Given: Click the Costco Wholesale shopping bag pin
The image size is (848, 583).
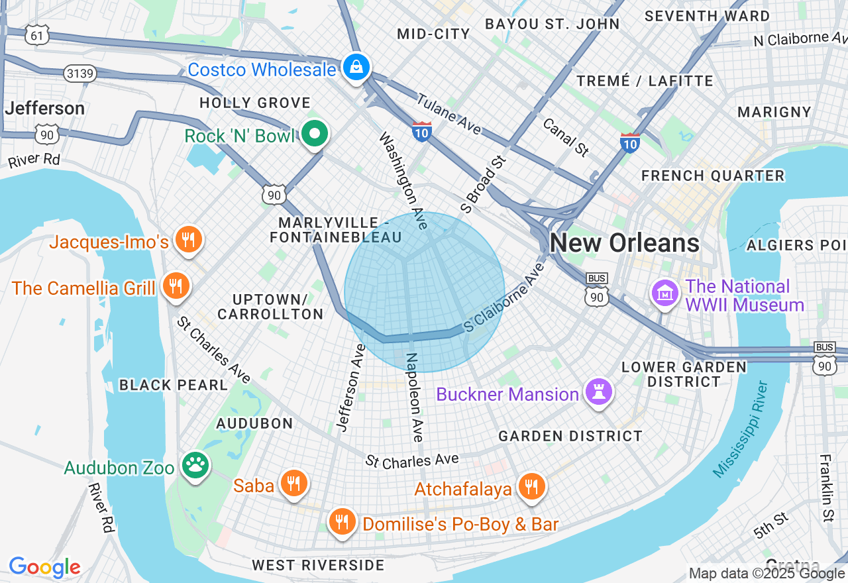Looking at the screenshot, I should [356, 68].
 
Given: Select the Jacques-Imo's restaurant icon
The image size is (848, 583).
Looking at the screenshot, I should [189, 240].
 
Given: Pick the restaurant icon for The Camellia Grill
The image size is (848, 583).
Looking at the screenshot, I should [176, 287].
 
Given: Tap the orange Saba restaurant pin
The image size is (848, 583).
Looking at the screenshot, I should [293, 484].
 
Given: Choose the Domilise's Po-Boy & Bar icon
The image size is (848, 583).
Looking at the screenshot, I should [342, 523].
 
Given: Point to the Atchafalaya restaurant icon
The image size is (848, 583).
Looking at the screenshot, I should [531, 488].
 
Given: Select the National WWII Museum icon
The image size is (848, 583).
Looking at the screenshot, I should [664, 293].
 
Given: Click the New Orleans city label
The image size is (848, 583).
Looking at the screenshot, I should [624, 243].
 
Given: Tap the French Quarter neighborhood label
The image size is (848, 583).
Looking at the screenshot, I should [713, 176].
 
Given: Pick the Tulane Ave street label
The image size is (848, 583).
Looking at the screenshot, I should [449, 114].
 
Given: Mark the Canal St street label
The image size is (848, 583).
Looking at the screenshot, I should [565, 137].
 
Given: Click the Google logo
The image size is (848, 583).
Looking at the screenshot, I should [45, 567].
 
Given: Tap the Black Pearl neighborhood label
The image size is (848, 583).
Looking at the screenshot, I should [174, 385].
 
